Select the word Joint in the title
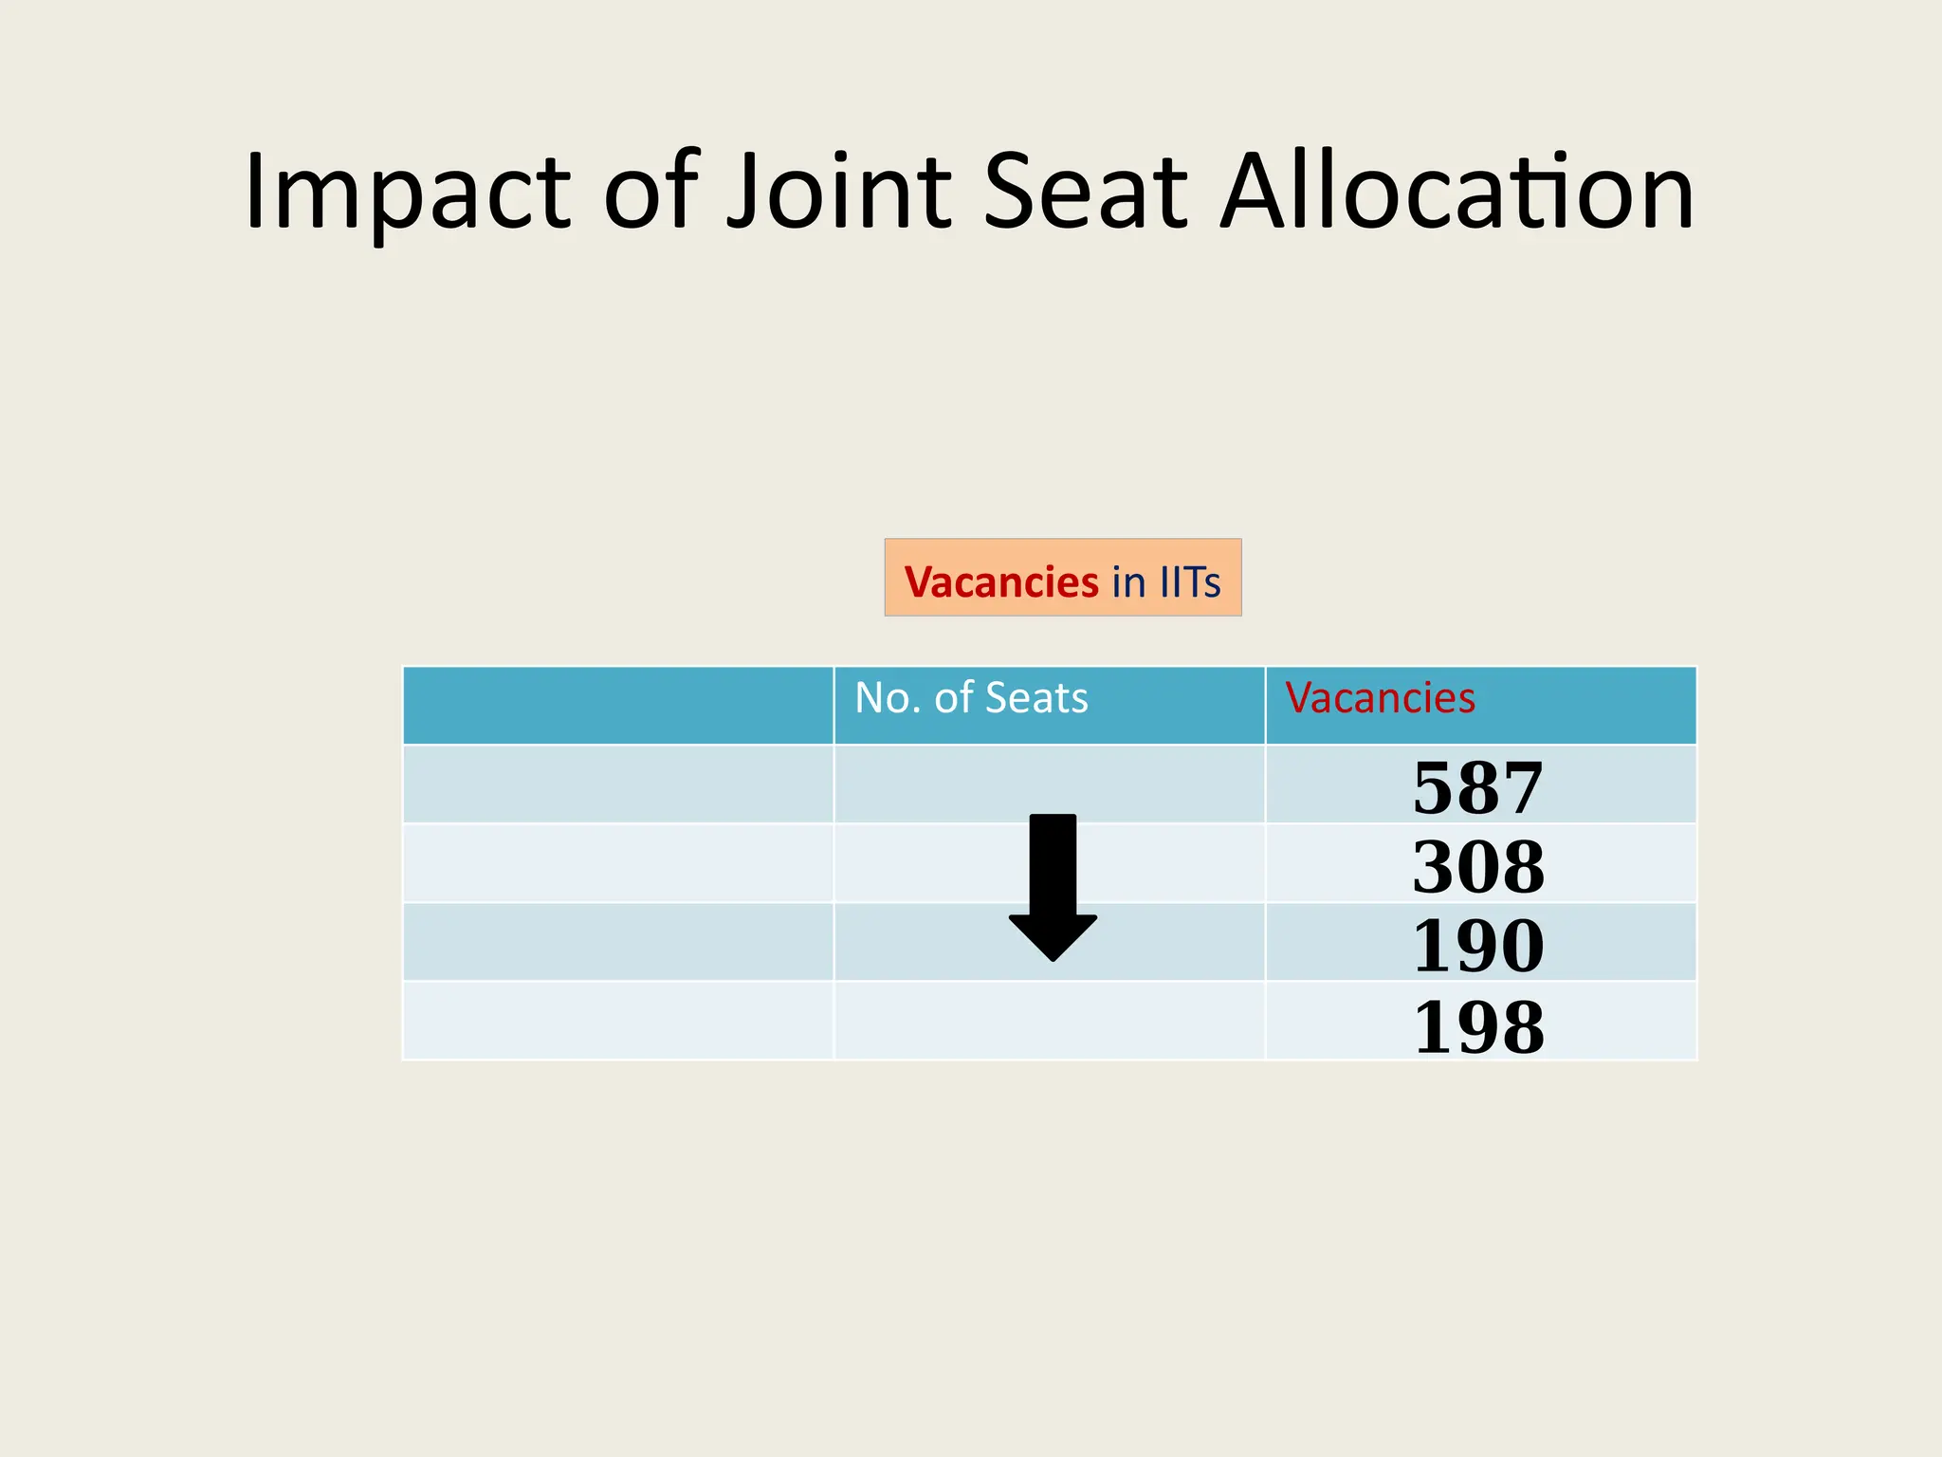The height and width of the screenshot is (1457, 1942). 838,193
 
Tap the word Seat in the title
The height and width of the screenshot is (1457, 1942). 1085,193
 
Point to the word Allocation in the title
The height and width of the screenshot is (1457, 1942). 1456,193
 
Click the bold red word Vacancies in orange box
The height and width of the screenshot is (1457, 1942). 1000,582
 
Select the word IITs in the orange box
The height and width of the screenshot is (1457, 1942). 1190,582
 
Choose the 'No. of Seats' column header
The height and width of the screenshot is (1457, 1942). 971,698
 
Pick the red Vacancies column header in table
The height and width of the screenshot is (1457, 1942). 1380,698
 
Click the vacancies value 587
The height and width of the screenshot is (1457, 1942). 1478,787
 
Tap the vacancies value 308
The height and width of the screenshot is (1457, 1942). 1478,866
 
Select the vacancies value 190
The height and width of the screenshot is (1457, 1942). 1478,945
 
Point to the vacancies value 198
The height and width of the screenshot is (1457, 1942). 1478,1025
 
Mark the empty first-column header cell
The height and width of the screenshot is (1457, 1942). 618,706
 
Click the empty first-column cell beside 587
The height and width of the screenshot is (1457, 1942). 618,784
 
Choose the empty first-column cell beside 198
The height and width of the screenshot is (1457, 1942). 618,1020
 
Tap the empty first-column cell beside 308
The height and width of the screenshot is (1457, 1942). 618,863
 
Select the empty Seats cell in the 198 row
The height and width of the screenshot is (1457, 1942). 1049,1020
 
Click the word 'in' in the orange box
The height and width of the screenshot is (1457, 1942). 1128,582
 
